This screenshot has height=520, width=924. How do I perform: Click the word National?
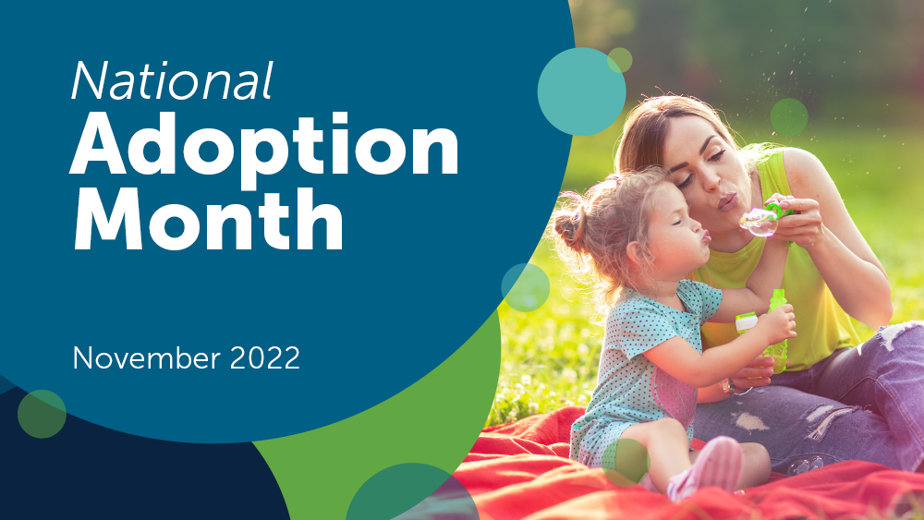(172, 81)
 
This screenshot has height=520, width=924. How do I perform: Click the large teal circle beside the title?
(581, 91)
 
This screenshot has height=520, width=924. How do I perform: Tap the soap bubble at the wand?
(759, 221)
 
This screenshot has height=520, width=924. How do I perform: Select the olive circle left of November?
(42, 413)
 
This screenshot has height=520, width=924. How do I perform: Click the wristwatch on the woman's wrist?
(732, 386)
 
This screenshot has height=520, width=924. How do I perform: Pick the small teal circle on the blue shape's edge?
(526, 287)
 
